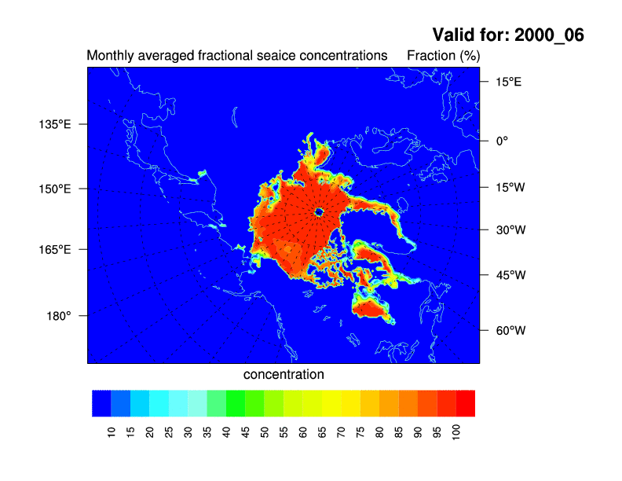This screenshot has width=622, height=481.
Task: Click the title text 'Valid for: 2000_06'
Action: point(508,35)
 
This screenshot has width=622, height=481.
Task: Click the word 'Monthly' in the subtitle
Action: point(108,57)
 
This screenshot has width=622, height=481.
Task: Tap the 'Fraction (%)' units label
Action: point(443,57)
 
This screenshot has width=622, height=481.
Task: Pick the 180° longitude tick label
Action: point(59,315)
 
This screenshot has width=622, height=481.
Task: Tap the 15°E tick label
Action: point(507,81)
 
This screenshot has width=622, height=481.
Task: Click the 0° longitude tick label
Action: point(500,141)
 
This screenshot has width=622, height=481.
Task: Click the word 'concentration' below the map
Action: point(284,375)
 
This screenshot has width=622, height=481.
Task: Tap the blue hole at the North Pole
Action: point(319,211)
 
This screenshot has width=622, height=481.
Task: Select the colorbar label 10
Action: point(112,431)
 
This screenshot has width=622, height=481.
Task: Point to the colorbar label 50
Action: point(265,431)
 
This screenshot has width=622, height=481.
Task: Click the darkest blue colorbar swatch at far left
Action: point(101,402)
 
